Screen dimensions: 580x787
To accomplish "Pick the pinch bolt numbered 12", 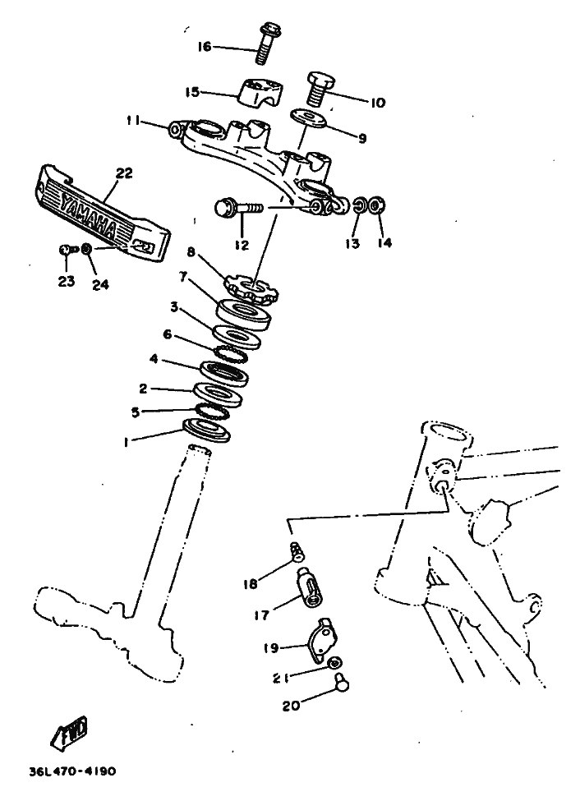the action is [235, 209].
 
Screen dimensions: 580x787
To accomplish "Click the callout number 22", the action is [123, 173].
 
